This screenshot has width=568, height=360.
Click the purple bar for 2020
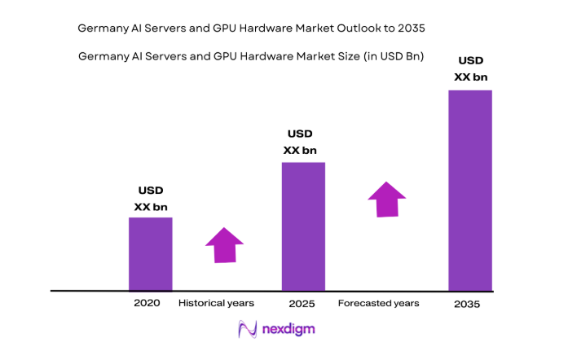pos(150,253)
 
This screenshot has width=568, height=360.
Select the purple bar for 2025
pos(303,226)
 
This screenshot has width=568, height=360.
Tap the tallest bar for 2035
pos(470,190)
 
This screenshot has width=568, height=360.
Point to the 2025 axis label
pos(302,304)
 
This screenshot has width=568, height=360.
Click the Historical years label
pos(216,303)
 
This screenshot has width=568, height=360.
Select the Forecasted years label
pos(378,303)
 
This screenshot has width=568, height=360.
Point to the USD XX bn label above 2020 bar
pos(151,200)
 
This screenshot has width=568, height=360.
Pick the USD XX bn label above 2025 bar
pos(300,142)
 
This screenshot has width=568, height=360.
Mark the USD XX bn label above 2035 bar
pos(470,68)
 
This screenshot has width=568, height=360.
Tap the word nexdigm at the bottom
pos(288,330)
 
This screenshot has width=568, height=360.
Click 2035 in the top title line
pos(411,28)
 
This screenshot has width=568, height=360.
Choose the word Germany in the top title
pos(100,28)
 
